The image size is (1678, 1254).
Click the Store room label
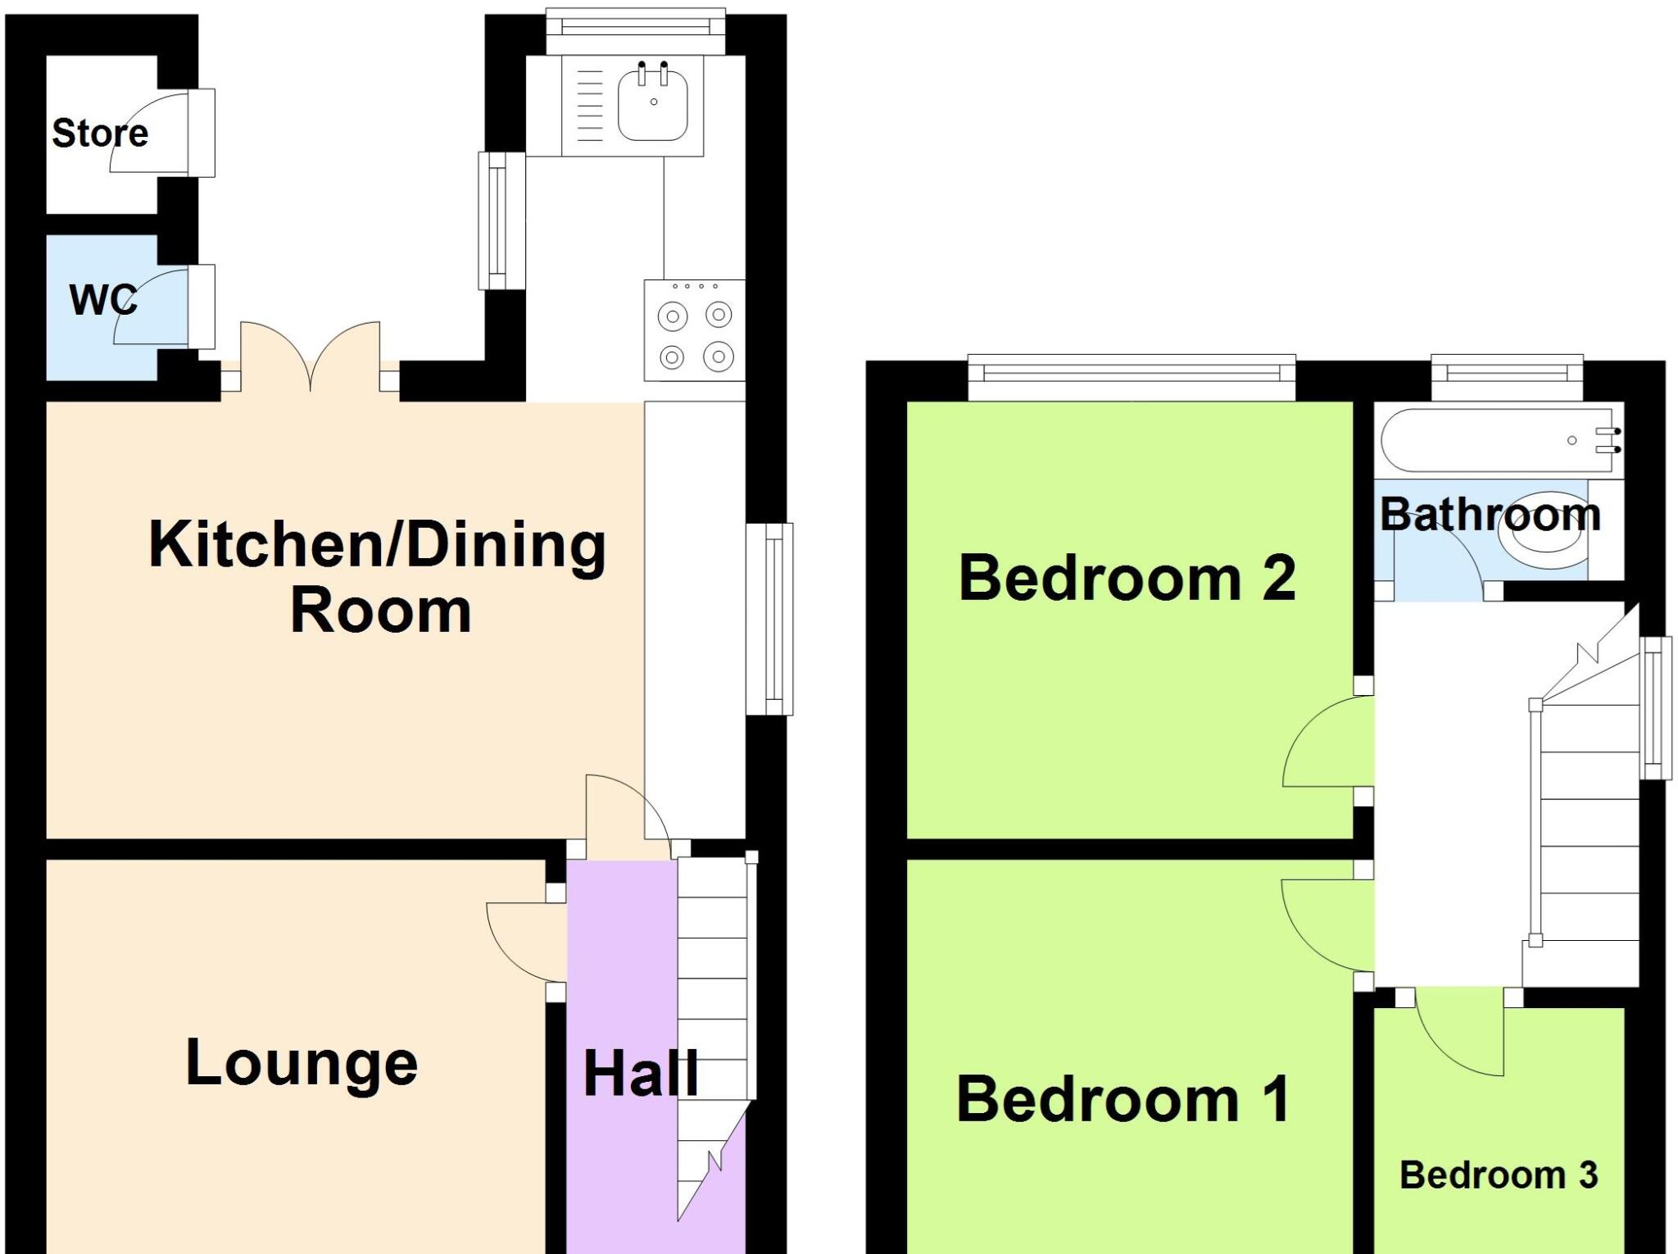pos(100,133)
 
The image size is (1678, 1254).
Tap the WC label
pos(103,300)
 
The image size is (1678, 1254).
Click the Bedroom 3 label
pos(1499,1175)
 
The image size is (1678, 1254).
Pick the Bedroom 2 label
pos(1127,578)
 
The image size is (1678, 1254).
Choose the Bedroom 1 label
pos(1123,1099)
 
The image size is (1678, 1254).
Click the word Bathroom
pos(1490,515)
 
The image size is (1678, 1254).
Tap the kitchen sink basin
pos(653,104)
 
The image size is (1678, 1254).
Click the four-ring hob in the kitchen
pos(695,331)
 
